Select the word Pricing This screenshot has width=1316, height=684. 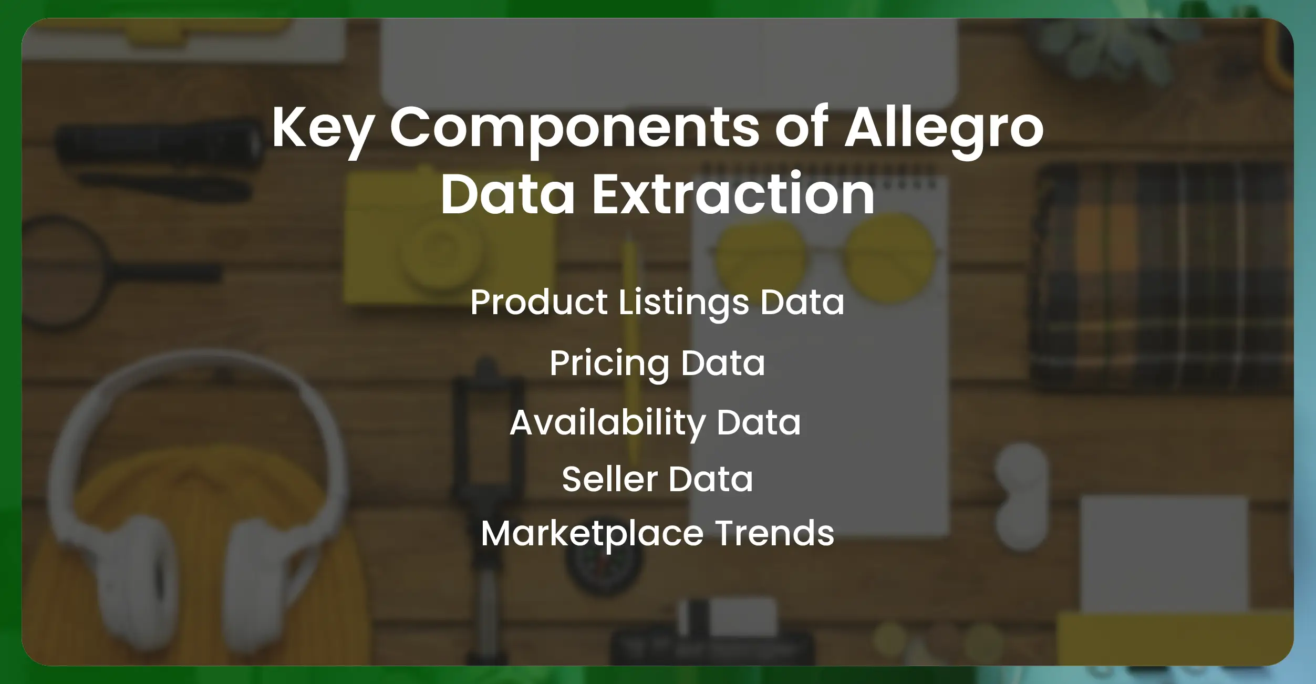click(x=609, y=364)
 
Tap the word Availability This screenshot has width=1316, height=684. click(x=607, y=423)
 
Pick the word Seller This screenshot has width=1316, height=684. click(x=609, y=479)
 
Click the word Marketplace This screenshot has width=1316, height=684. click(x=592, y=534)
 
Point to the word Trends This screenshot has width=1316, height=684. click(x=774, y=534)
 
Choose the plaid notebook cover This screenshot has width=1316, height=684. click(x=1161, y=278)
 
